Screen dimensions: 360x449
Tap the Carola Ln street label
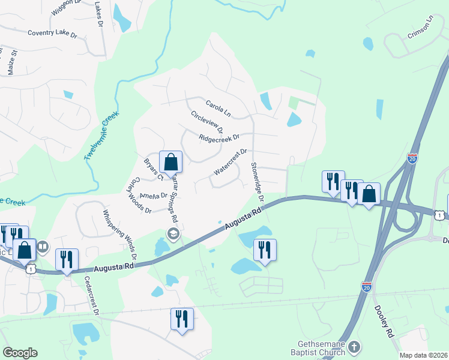click(x=218, y=107)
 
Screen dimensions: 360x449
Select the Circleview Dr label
click(x=207, y=122)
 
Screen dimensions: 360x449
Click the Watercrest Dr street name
click(x=229, y=162)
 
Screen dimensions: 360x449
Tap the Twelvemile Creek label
click(x=102, y=136)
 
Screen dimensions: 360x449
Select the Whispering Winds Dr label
click(x=120, y=235)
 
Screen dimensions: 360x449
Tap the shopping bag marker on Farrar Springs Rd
click(x=171, y=163)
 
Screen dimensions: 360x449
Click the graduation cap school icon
click(x=173, y=234)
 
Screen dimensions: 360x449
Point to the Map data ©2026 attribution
click(x=423, y=355)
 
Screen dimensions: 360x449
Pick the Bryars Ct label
click(x=153, y=169)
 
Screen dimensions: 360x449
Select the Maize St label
click(x=11, y=62)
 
